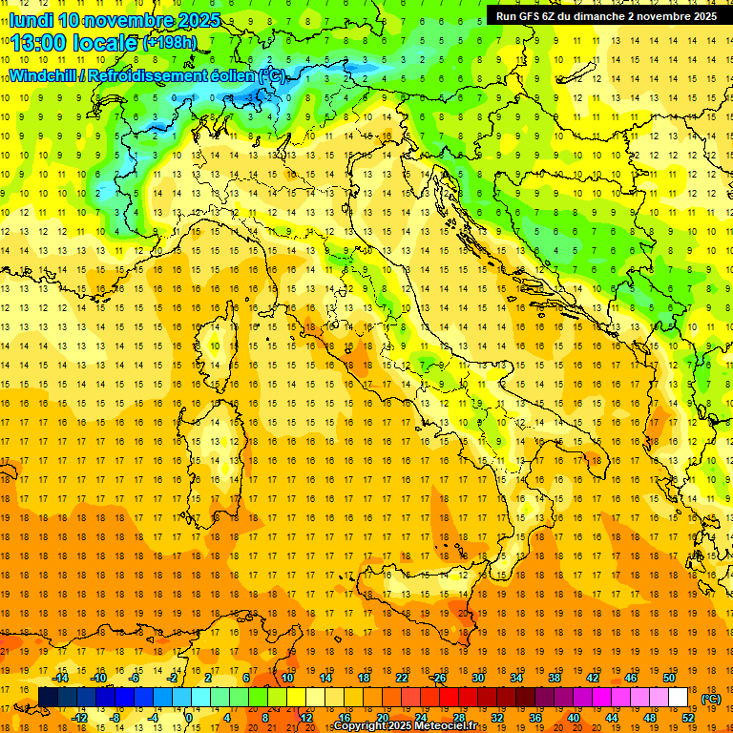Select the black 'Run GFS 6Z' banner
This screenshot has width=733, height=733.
(x=607, y=15)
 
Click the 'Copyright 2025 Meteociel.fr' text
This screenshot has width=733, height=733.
(x=405, y=726)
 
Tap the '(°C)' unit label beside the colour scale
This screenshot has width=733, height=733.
(x=710, y=699)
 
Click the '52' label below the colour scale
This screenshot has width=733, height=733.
(x=688, y=718)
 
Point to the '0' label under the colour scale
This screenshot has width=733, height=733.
(x=189, y=718)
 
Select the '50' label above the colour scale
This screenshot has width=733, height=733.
(x=669, y=678)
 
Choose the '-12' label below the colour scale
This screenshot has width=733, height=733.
(x=79, y=718)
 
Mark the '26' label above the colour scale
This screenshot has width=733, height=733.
(x=439, y=678)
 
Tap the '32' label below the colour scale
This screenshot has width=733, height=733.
(x=497, y=718)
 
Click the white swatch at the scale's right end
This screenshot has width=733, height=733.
(x=679, y=698)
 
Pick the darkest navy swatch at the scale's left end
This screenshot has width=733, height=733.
(x=48, y=698)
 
